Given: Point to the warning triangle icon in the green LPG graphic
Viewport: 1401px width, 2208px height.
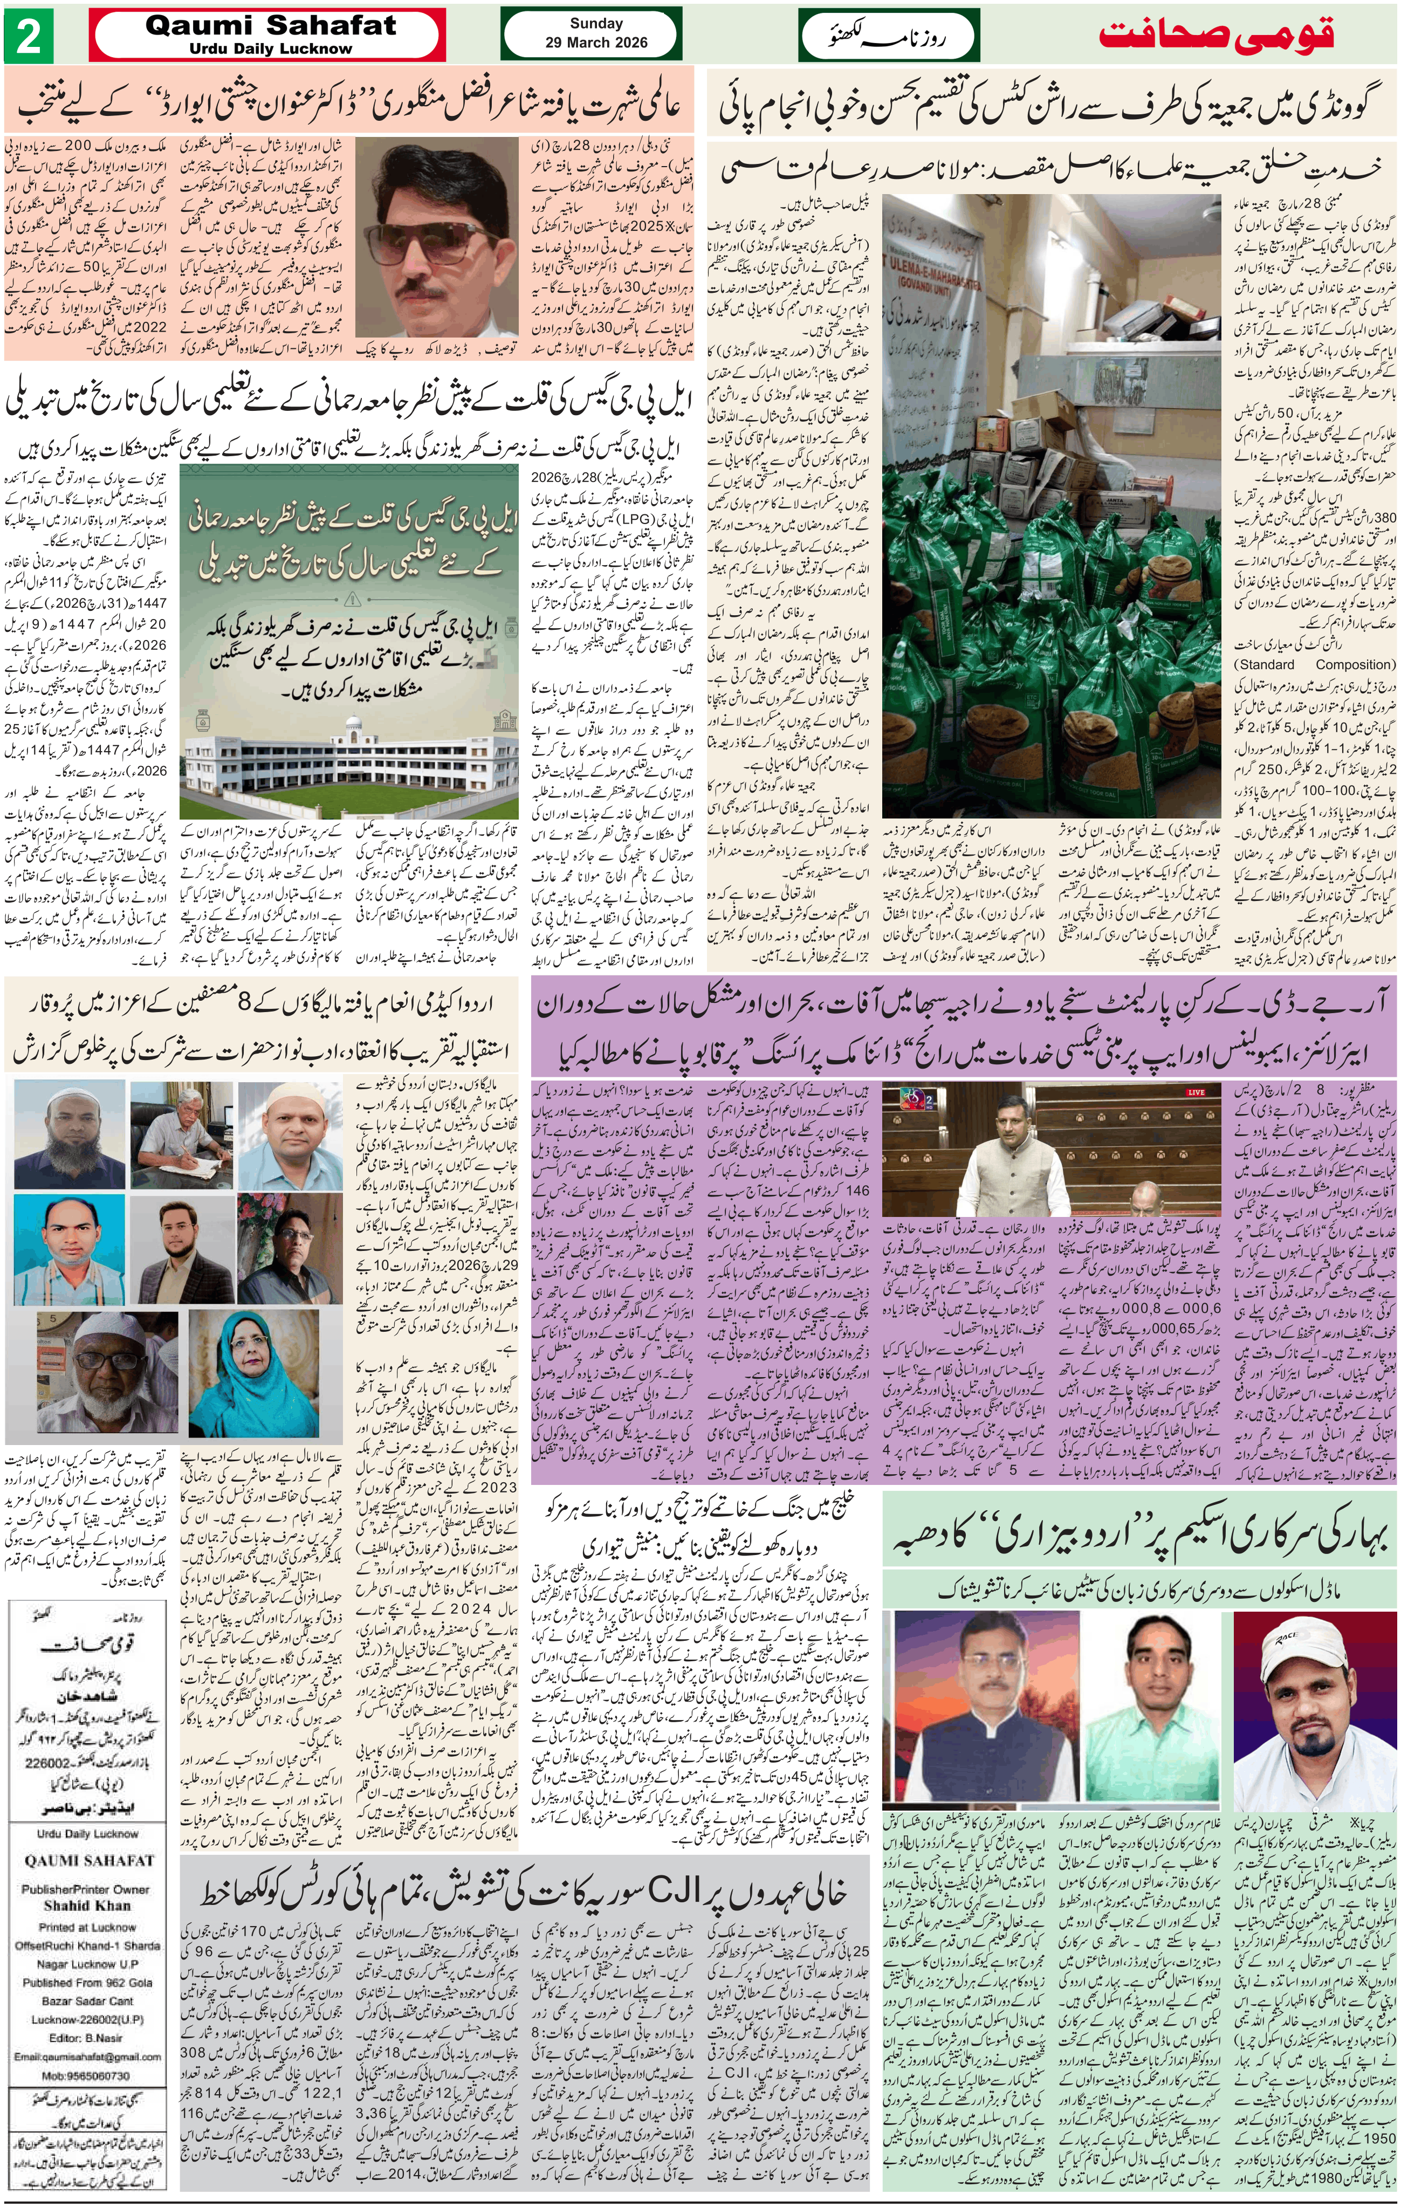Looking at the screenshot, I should (351, 600).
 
